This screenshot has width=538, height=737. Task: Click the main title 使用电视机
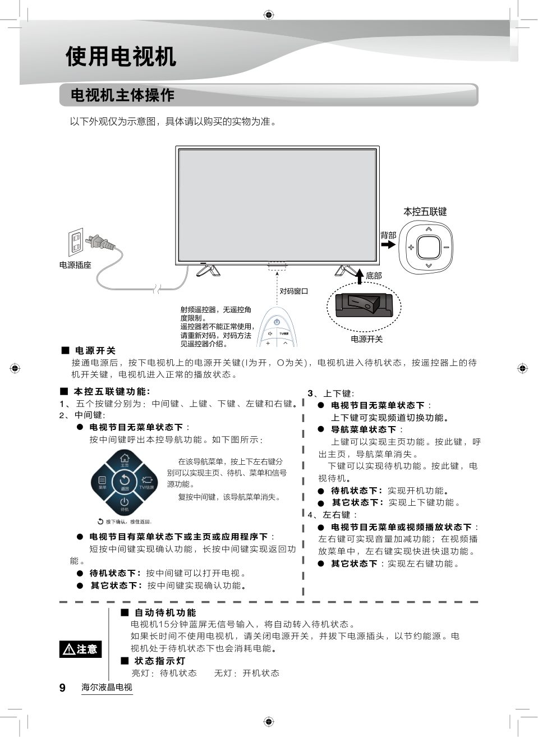click(x=121, y=56)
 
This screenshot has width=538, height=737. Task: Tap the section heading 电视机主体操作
click(x=122, y=95)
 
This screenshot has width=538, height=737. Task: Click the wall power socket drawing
click(x=76, y=242)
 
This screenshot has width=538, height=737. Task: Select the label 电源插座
click(x=75, y=265)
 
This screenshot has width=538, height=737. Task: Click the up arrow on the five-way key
click(x=429, y=229)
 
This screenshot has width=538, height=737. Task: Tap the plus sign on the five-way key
click(x=411, y=247)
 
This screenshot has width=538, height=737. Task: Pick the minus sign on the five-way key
click(x=446, y=248)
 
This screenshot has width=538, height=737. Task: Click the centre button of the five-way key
click(x=429, y=247)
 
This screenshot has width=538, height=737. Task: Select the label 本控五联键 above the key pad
click(x=425, y=212)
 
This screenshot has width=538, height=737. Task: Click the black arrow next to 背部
click(x=388, y=245)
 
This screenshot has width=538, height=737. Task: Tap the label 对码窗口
click(x=293, y=291)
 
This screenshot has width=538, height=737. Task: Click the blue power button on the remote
click(x=277, y=322)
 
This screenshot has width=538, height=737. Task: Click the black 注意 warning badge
click(x=81, y=649)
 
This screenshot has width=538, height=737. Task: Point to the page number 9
click(x=62, y=688)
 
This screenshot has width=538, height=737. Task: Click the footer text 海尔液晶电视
click(x=107, y=687)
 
